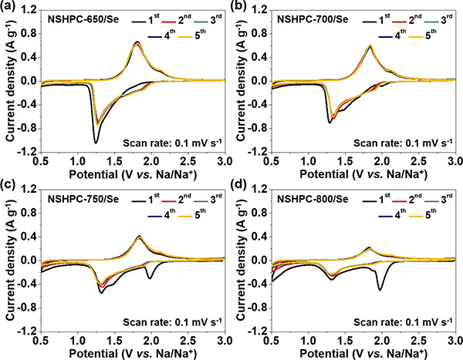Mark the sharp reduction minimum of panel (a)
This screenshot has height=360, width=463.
[96, 143]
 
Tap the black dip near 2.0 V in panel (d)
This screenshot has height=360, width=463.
[380, 290]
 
